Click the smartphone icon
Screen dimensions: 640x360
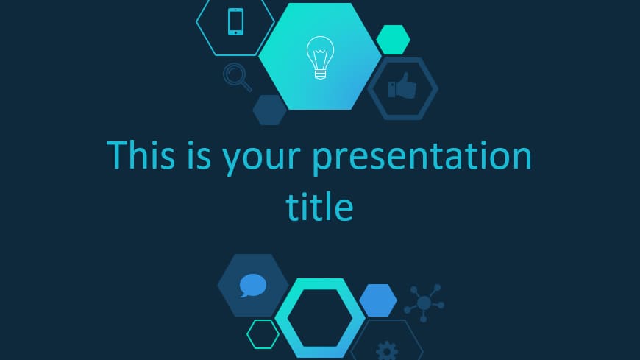[235, 21]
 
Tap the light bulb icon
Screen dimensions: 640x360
[321, 57]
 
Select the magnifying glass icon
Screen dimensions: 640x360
[237, 77]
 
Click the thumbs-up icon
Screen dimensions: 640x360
[402, 86]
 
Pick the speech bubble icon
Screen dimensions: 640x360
[252, 285]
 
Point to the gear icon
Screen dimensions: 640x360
[386, 351]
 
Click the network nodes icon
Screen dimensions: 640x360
[424, 303]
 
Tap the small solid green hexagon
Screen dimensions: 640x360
[393, 40]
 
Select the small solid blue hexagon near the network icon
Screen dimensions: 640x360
[378, 300]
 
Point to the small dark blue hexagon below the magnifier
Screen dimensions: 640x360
[270, 110]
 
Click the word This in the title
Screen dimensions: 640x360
[141, 155]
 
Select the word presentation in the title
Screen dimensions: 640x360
[422, 157]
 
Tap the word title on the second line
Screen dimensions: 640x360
[319, 207]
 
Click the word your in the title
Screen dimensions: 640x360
[261, 159]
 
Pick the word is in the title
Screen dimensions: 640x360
[199, 155]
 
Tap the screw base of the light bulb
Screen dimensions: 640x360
[321, 74]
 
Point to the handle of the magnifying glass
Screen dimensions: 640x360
[246, 86]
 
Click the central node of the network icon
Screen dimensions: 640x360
[424, 303]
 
